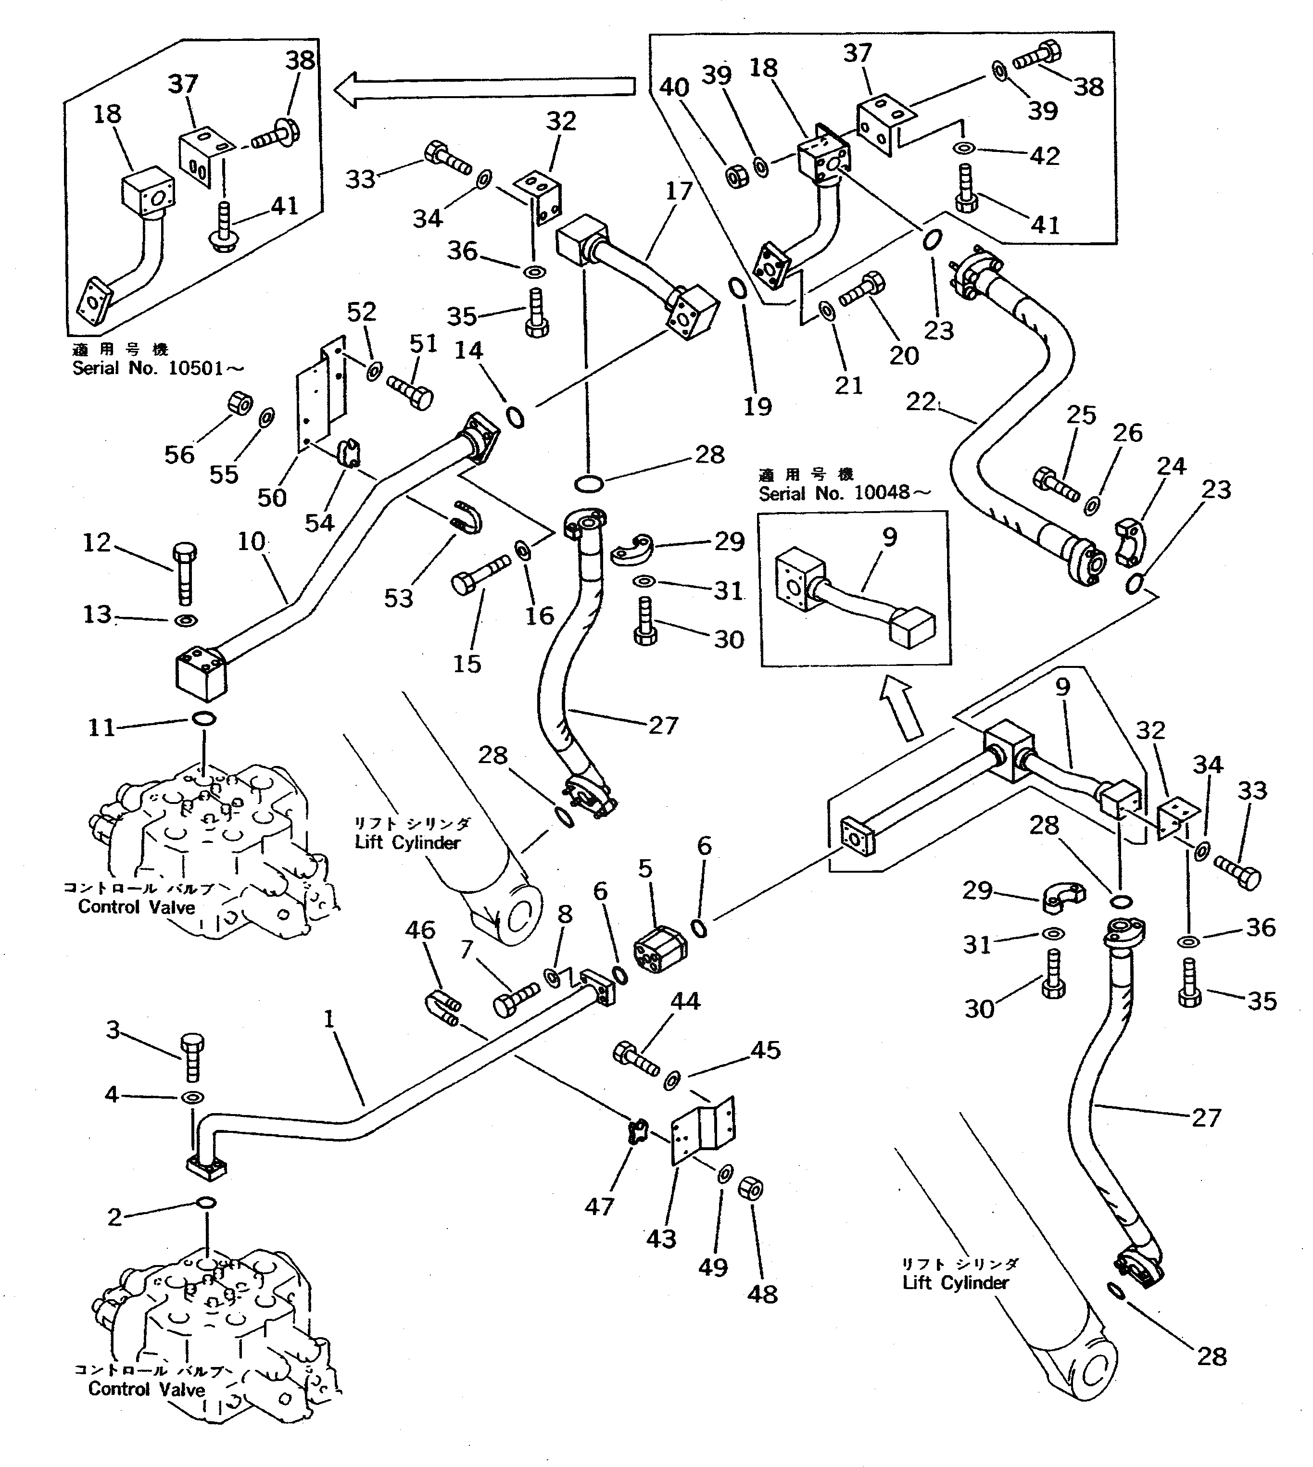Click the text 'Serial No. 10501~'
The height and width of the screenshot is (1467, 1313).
157,368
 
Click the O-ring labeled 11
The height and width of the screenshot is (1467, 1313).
204,718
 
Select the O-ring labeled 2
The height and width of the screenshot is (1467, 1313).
206,1202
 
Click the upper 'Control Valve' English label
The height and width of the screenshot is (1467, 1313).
137,907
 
